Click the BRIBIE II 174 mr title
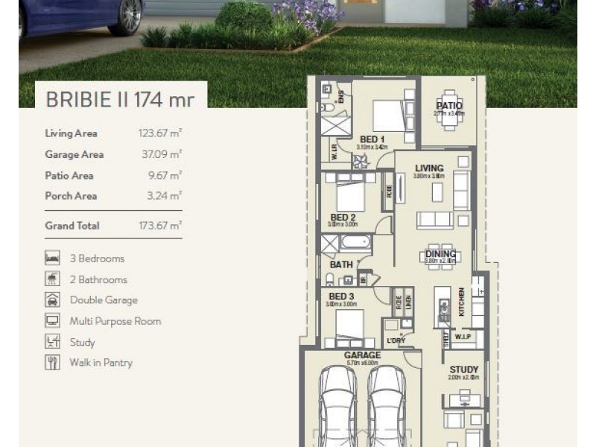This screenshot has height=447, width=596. point(120,100)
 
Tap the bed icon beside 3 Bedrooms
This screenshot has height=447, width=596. point(52,259)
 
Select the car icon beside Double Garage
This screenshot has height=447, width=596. point(52,300)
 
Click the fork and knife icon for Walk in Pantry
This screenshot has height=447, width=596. point(52,363)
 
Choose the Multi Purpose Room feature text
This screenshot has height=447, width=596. point(115,321)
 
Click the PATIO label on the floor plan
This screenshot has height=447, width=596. point(449,106)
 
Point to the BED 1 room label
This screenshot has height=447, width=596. point(372,139)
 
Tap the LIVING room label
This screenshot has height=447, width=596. point(429,168)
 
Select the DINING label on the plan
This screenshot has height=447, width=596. point(440,254)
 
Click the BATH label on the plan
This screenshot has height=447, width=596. point(340,264)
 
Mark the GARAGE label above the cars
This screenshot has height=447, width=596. point(362,355)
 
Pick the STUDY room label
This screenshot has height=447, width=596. point(463,370)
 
